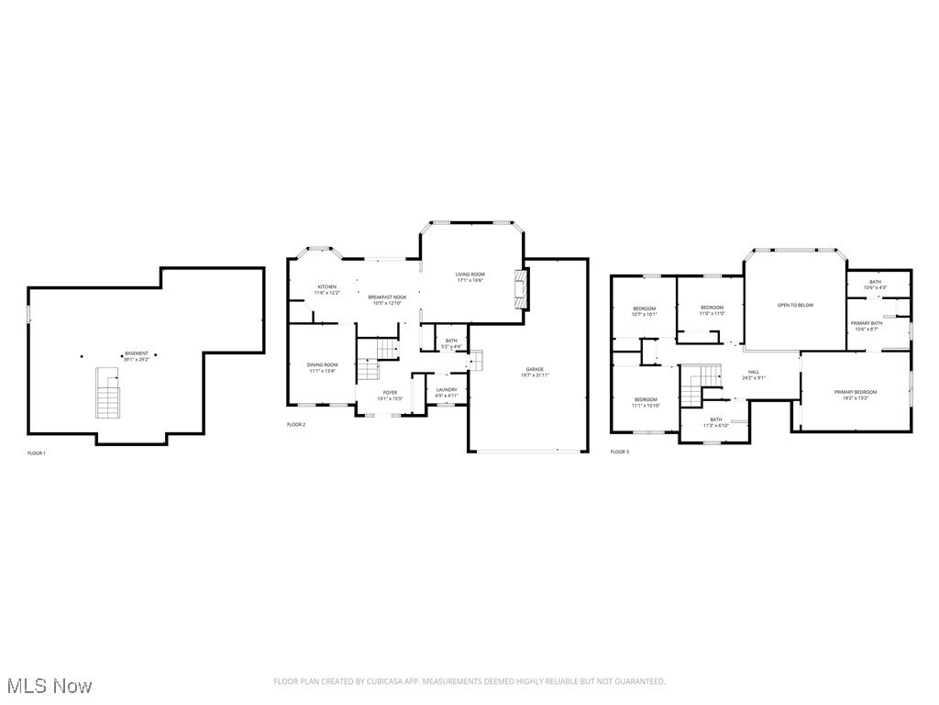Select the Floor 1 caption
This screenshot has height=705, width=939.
pos(36,453)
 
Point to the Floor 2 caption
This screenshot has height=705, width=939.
pos(296,425)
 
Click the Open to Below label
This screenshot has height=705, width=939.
pos(795,305)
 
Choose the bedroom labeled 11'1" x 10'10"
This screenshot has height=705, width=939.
pos(646,402)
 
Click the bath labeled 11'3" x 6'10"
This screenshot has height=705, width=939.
pos(715,422)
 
